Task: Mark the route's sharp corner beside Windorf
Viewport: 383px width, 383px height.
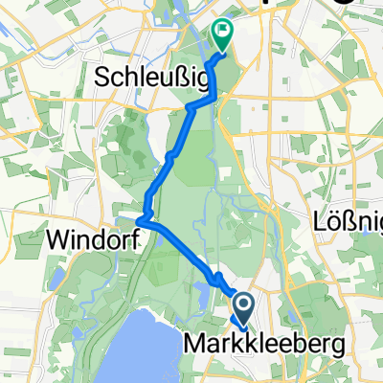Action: click(140, 221)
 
